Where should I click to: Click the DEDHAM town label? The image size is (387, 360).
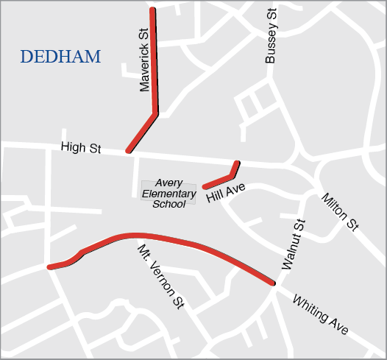60,57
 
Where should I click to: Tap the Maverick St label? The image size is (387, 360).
144,60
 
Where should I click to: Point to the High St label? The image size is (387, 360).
81,148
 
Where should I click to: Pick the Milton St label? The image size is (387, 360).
339,212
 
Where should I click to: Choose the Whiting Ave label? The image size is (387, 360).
320,315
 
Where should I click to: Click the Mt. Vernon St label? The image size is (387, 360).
160,276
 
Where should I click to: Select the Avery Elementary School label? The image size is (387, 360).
169,194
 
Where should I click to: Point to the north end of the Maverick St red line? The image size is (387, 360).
152,10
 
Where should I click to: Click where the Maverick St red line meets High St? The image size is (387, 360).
129,150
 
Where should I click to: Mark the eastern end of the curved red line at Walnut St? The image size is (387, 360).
272,283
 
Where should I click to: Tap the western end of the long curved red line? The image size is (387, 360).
50,267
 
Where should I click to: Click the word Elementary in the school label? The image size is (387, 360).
169,194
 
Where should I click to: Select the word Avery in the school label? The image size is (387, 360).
169,184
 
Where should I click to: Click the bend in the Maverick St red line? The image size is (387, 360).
155,113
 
